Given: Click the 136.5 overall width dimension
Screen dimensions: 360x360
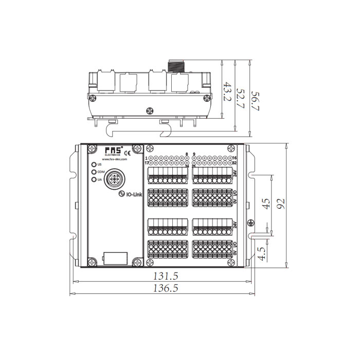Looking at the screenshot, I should [x=165, y=289].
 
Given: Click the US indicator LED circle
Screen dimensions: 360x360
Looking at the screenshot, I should [x=94, y=165].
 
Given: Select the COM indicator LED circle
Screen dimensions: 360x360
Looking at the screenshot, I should [x=94, y=172].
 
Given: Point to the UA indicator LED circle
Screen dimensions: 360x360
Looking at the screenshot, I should [x=94, y=179].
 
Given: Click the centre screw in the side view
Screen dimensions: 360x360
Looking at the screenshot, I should [x=150, y=110].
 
